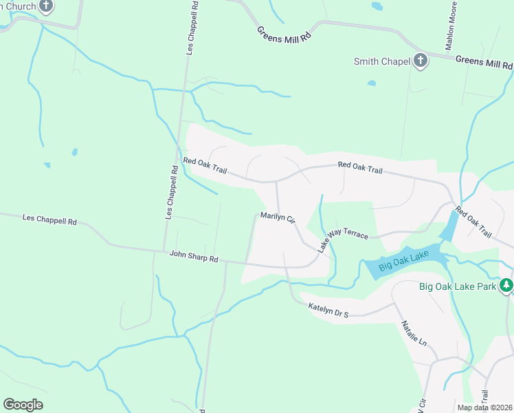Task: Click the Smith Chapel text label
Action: (382, 61)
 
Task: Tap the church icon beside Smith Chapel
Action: (421, 61)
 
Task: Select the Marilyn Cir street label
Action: (278, 218)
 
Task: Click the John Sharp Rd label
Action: (194, 257)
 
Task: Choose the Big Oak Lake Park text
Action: (458, 285)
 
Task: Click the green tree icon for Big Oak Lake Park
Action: (506, 284)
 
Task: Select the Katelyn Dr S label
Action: (328, 310)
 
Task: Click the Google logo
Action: (23, 405)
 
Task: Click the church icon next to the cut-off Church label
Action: (46, 7)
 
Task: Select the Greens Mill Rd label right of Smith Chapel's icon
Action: (484, 63)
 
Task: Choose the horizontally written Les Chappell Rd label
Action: (49, 221)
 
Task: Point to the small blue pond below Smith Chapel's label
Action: (372, 83)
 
